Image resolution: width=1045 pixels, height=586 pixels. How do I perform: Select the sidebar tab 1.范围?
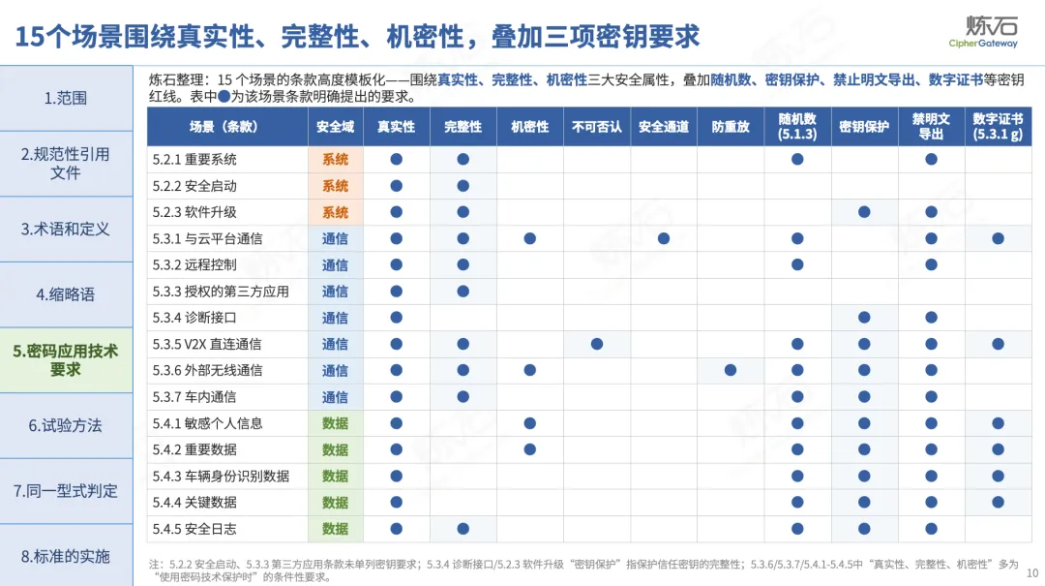click(x=66, y=98)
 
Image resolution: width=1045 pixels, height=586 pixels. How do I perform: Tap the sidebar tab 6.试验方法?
click(x=66, y=426)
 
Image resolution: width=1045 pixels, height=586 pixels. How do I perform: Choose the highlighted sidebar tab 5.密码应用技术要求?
click(x=66, y=360)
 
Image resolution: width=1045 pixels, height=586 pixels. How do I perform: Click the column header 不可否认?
click(x=596, y=127)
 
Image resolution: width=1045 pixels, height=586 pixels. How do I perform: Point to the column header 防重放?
click(x=731, y=127)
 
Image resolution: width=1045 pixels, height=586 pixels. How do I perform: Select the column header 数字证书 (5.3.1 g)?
click(x=998, y=126)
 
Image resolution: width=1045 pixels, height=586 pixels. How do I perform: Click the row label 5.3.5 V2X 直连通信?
click(x=207, y=345)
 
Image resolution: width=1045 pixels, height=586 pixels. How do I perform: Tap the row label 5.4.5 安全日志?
click(x=194, y=529)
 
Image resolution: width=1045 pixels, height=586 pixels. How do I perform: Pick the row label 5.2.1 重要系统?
click(x=194, y=160)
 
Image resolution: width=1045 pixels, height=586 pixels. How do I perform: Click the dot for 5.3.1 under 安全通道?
click(x=663, y=238)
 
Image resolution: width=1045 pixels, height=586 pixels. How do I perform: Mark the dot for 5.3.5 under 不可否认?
click(x=596, y=345)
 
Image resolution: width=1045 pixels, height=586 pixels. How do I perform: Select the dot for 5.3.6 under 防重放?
click(x=731, y=370)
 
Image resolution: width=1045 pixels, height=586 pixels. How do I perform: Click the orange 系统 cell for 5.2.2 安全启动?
click(x=335, y=186)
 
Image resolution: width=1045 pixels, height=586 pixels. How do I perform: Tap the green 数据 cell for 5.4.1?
click(x=335, y=423)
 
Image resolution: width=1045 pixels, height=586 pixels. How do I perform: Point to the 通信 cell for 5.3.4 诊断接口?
click(x=335, y=318)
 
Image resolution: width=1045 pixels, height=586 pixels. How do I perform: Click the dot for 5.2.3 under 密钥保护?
click(x=864, y=212)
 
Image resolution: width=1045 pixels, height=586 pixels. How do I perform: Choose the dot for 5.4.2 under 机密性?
click(x=530, y=449)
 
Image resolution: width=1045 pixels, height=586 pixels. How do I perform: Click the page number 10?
click(x=1032, y=572)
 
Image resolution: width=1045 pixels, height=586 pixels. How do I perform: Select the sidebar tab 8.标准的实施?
click(x=66, y=556)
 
